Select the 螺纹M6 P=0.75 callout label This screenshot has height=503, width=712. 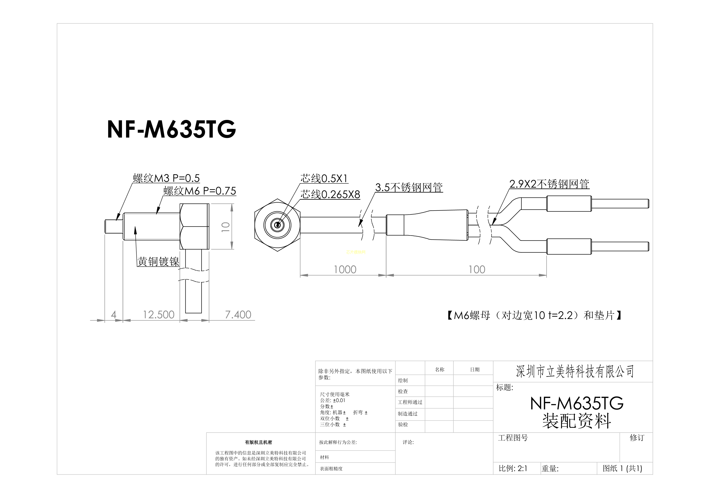(200, 191)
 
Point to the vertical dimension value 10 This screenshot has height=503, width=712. (226, 227)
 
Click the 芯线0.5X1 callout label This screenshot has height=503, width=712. (324, 179)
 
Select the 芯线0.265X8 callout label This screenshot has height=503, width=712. (330, 194)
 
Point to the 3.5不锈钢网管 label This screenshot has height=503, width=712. (409, 187)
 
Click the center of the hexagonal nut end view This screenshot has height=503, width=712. (277, 225)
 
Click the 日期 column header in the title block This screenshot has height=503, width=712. (475, 369)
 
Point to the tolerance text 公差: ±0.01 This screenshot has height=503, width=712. (333, 400)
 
